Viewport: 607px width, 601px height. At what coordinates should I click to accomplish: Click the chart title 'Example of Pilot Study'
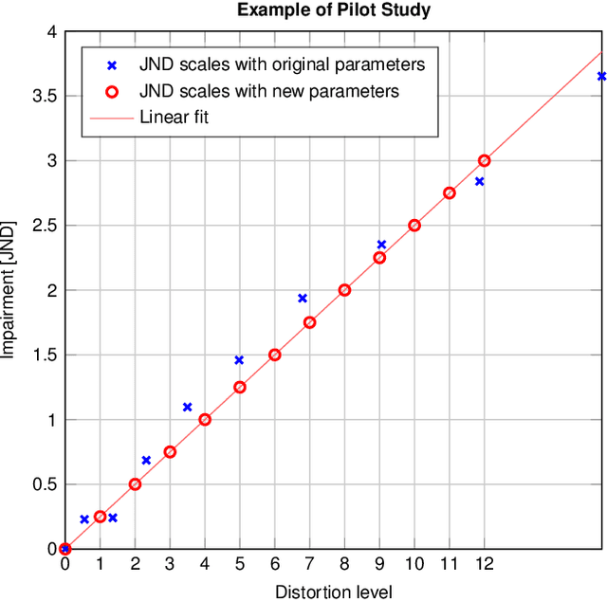(x=334, y=10)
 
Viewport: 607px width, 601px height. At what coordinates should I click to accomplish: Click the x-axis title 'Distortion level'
(x=333, y=592)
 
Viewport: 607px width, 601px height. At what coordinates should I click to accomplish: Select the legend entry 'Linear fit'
(x=174, y=118)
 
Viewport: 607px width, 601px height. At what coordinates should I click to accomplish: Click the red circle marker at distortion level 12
(x=485, y=161)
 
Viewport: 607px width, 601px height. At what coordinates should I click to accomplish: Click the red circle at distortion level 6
(x=274, y=355)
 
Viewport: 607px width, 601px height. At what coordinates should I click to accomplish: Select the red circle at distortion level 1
(x=100, y=517)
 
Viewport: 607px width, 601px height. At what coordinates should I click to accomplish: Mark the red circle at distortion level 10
(x=414, y=226)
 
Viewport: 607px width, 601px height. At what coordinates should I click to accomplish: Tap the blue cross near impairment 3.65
(x=601, y=76)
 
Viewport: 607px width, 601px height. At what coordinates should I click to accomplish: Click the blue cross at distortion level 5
(x=239, y=360)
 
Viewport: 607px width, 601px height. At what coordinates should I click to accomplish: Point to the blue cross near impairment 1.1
(x=187, y=407)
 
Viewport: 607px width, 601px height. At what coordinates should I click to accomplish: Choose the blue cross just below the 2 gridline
(x=303, y=298)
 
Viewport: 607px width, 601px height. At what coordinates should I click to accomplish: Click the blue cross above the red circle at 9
(x=381, y=245)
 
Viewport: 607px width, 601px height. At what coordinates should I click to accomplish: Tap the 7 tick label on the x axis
(x=309, y=564)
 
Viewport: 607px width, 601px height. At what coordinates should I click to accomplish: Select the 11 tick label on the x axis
(x=450, y=564)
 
